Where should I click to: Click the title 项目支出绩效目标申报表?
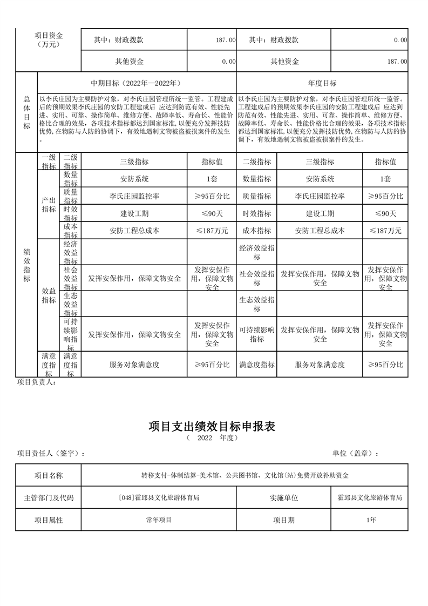click(x=212, y=426)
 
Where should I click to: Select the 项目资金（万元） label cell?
click(x=49, y=40)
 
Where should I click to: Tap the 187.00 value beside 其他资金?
click(x=397, y=62)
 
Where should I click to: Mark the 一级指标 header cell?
click(x=49, y=161)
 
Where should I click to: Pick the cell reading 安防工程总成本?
click(x=134, y=231)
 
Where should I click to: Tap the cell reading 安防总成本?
click(x=320, y=231)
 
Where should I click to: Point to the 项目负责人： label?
click(x=37, y=382)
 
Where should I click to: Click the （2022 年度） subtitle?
click(x=212, y=438)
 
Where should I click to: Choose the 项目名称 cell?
click(x=49, y=475)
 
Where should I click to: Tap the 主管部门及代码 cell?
click(x=49, y=497)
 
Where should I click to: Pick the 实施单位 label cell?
click(x=283, y=497)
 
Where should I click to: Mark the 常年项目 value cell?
click(x=158, y=520)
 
